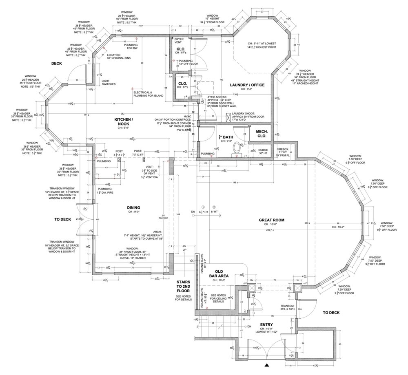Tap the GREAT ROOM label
271,220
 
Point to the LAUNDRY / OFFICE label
247,85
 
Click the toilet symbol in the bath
236,148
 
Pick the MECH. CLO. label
262,134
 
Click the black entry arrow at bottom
267,365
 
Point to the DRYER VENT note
179,40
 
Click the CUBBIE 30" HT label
263,152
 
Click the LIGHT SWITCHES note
109,82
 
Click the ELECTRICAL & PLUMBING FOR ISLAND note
148,94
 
